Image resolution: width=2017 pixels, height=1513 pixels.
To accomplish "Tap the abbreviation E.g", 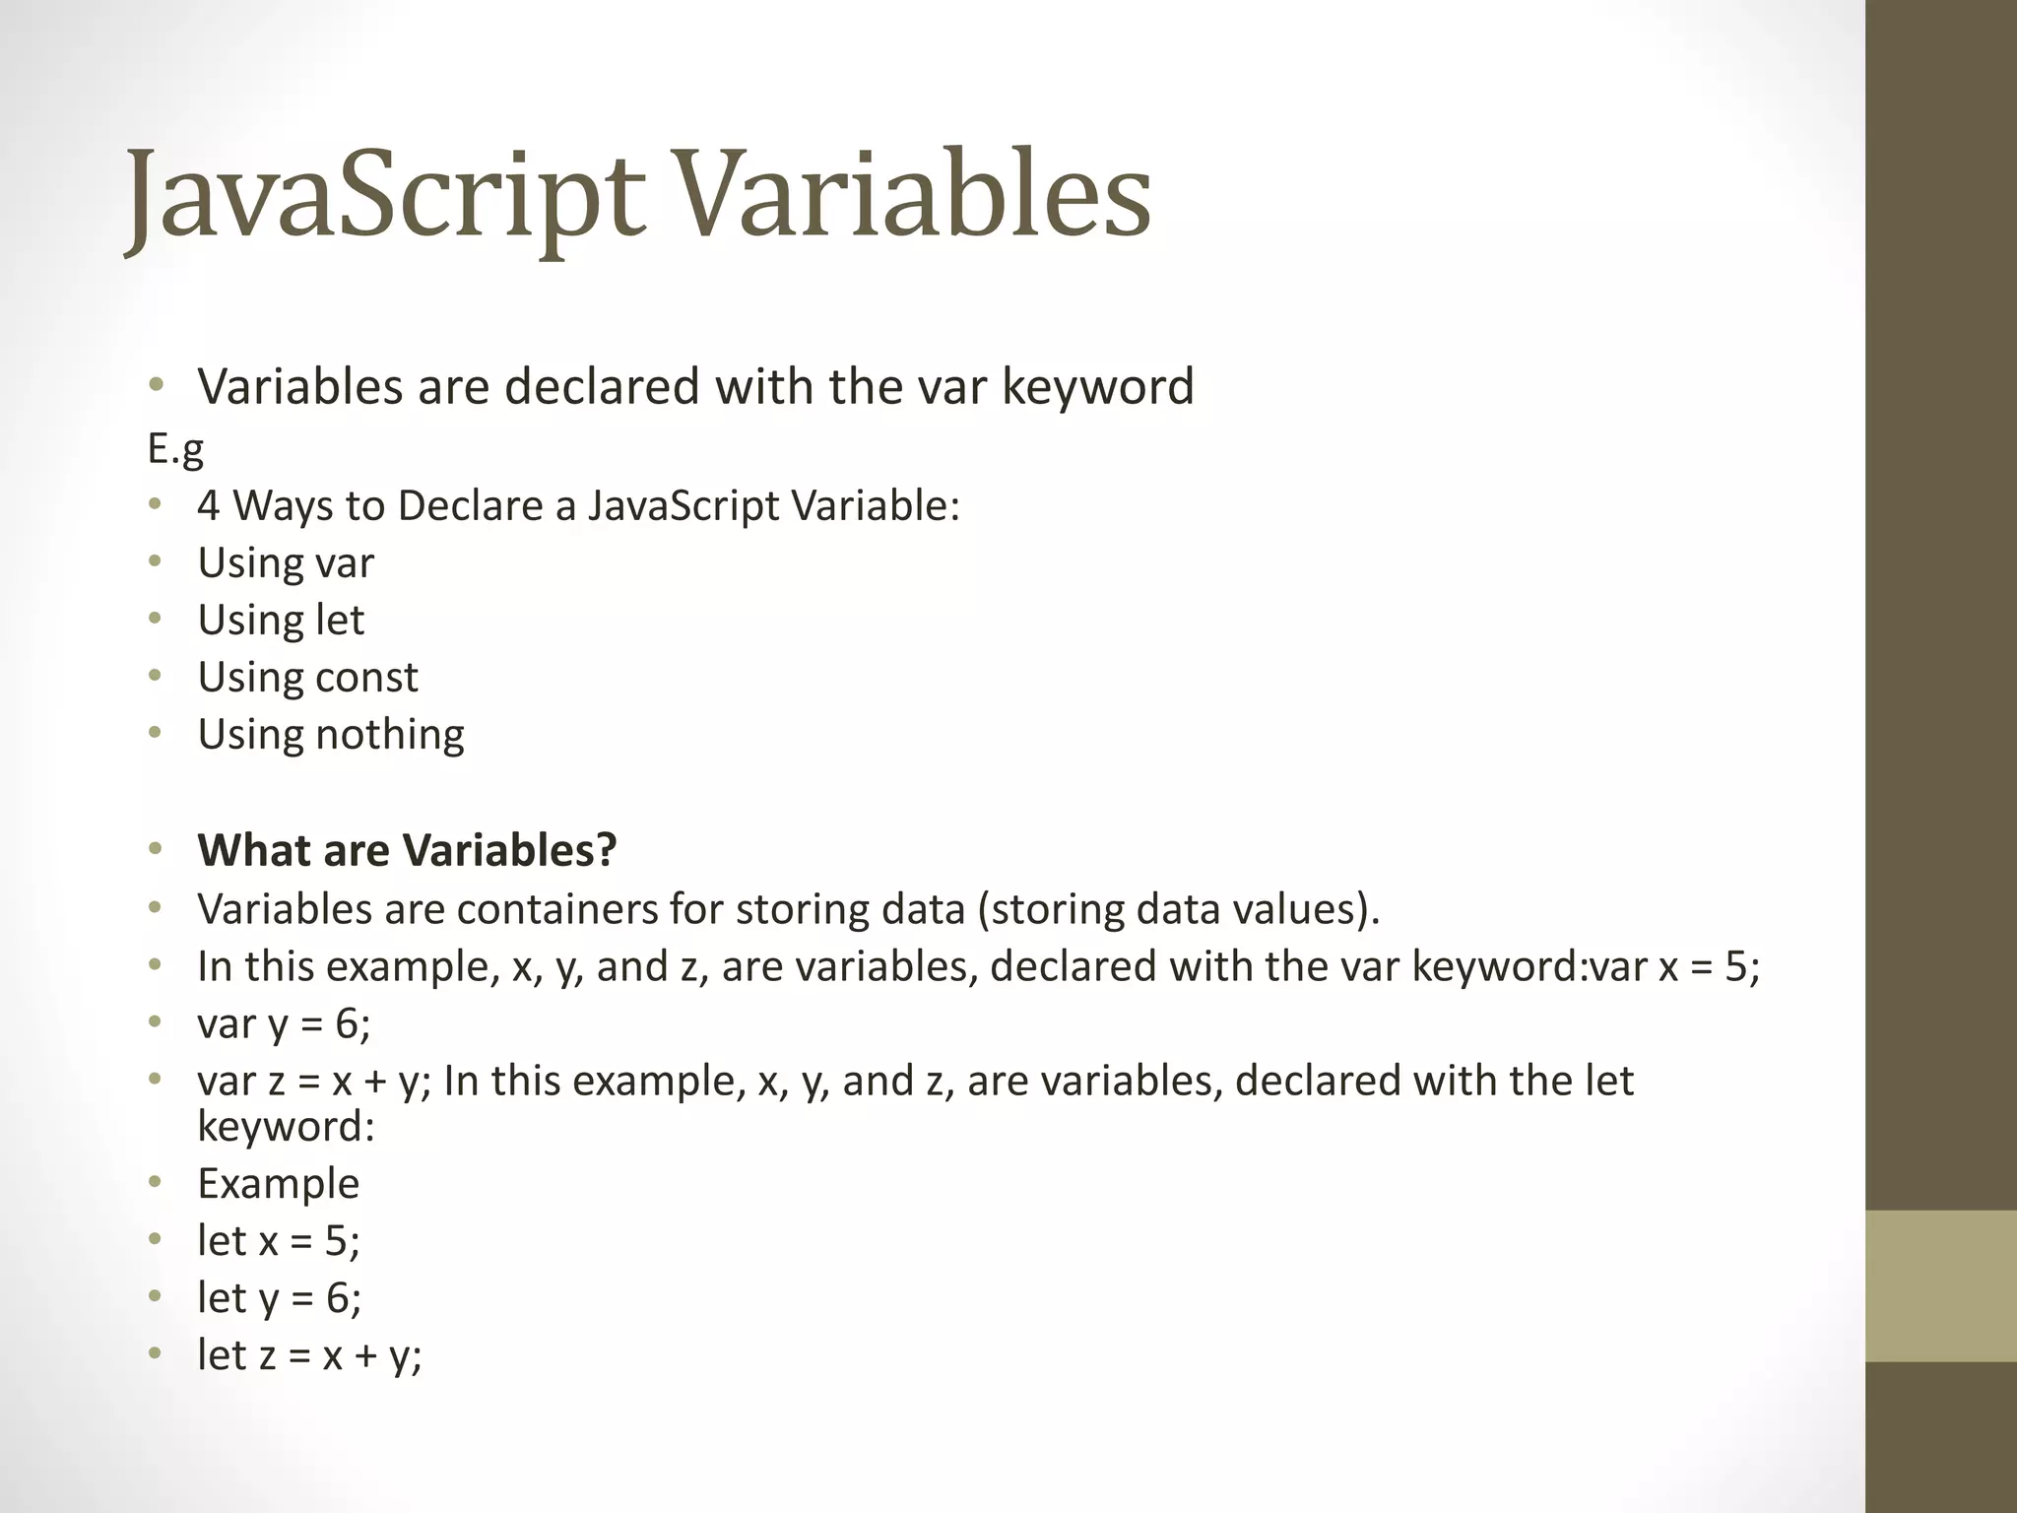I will tap(175, 449).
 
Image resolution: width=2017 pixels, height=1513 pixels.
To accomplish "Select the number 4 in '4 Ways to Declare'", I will tap(208, 506).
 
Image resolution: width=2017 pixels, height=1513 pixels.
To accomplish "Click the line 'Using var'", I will tap(286, 563).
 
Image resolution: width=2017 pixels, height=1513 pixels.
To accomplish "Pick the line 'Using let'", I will tap(281, 621).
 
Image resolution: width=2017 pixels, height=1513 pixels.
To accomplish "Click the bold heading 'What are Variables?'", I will tap(407, 850).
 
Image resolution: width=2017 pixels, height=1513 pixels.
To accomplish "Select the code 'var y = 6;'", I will tap(284, 1024).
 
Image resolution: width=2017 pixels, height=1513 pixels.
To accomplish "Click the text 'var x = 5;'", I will tap(1674, 966).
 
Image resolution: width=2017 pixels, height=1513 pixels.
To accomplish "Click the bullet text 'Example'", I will tap(278, 1183).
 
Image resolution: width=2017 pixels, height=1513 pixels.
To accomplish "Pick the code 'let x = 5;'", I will tap(279, 1240).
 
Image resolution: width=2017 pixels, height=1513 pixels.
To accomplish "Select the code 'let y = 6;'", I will tap(279, 1298).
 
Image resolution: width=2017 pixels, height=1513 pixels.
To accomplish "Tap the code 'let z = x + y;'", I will tap(309, 1355).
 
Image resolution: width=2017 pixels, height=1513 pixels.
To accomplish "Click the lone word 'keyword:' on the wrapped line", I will tap(286, 1126).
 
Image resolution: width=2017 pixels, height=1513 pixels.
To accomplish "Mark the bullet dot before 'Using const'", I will tap(155, 677).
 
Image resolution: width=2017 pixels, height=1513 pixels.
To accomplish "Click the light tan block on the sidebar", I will tap(1940, 1285).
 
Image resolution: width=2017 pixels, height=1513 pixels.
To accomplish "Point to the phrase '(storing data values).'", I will tap(1179, 908).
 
